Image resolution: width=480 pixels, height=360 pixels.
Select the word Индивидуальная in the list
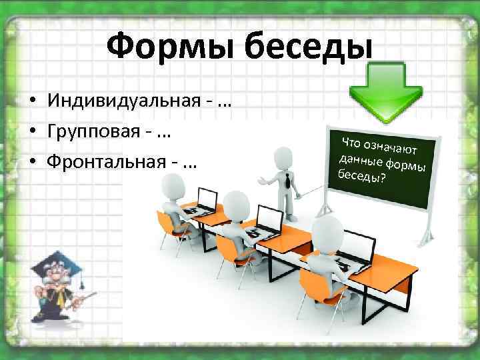(x=123, y=102)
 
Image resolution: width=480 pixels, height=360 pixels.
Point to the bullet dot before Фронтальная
(x=32, y=163)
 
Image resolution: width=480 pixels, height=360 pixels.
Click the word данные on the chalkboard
(x=360, y=161)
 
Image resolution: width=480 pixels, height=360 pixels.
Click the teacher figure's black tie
(x=285, y=177)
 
